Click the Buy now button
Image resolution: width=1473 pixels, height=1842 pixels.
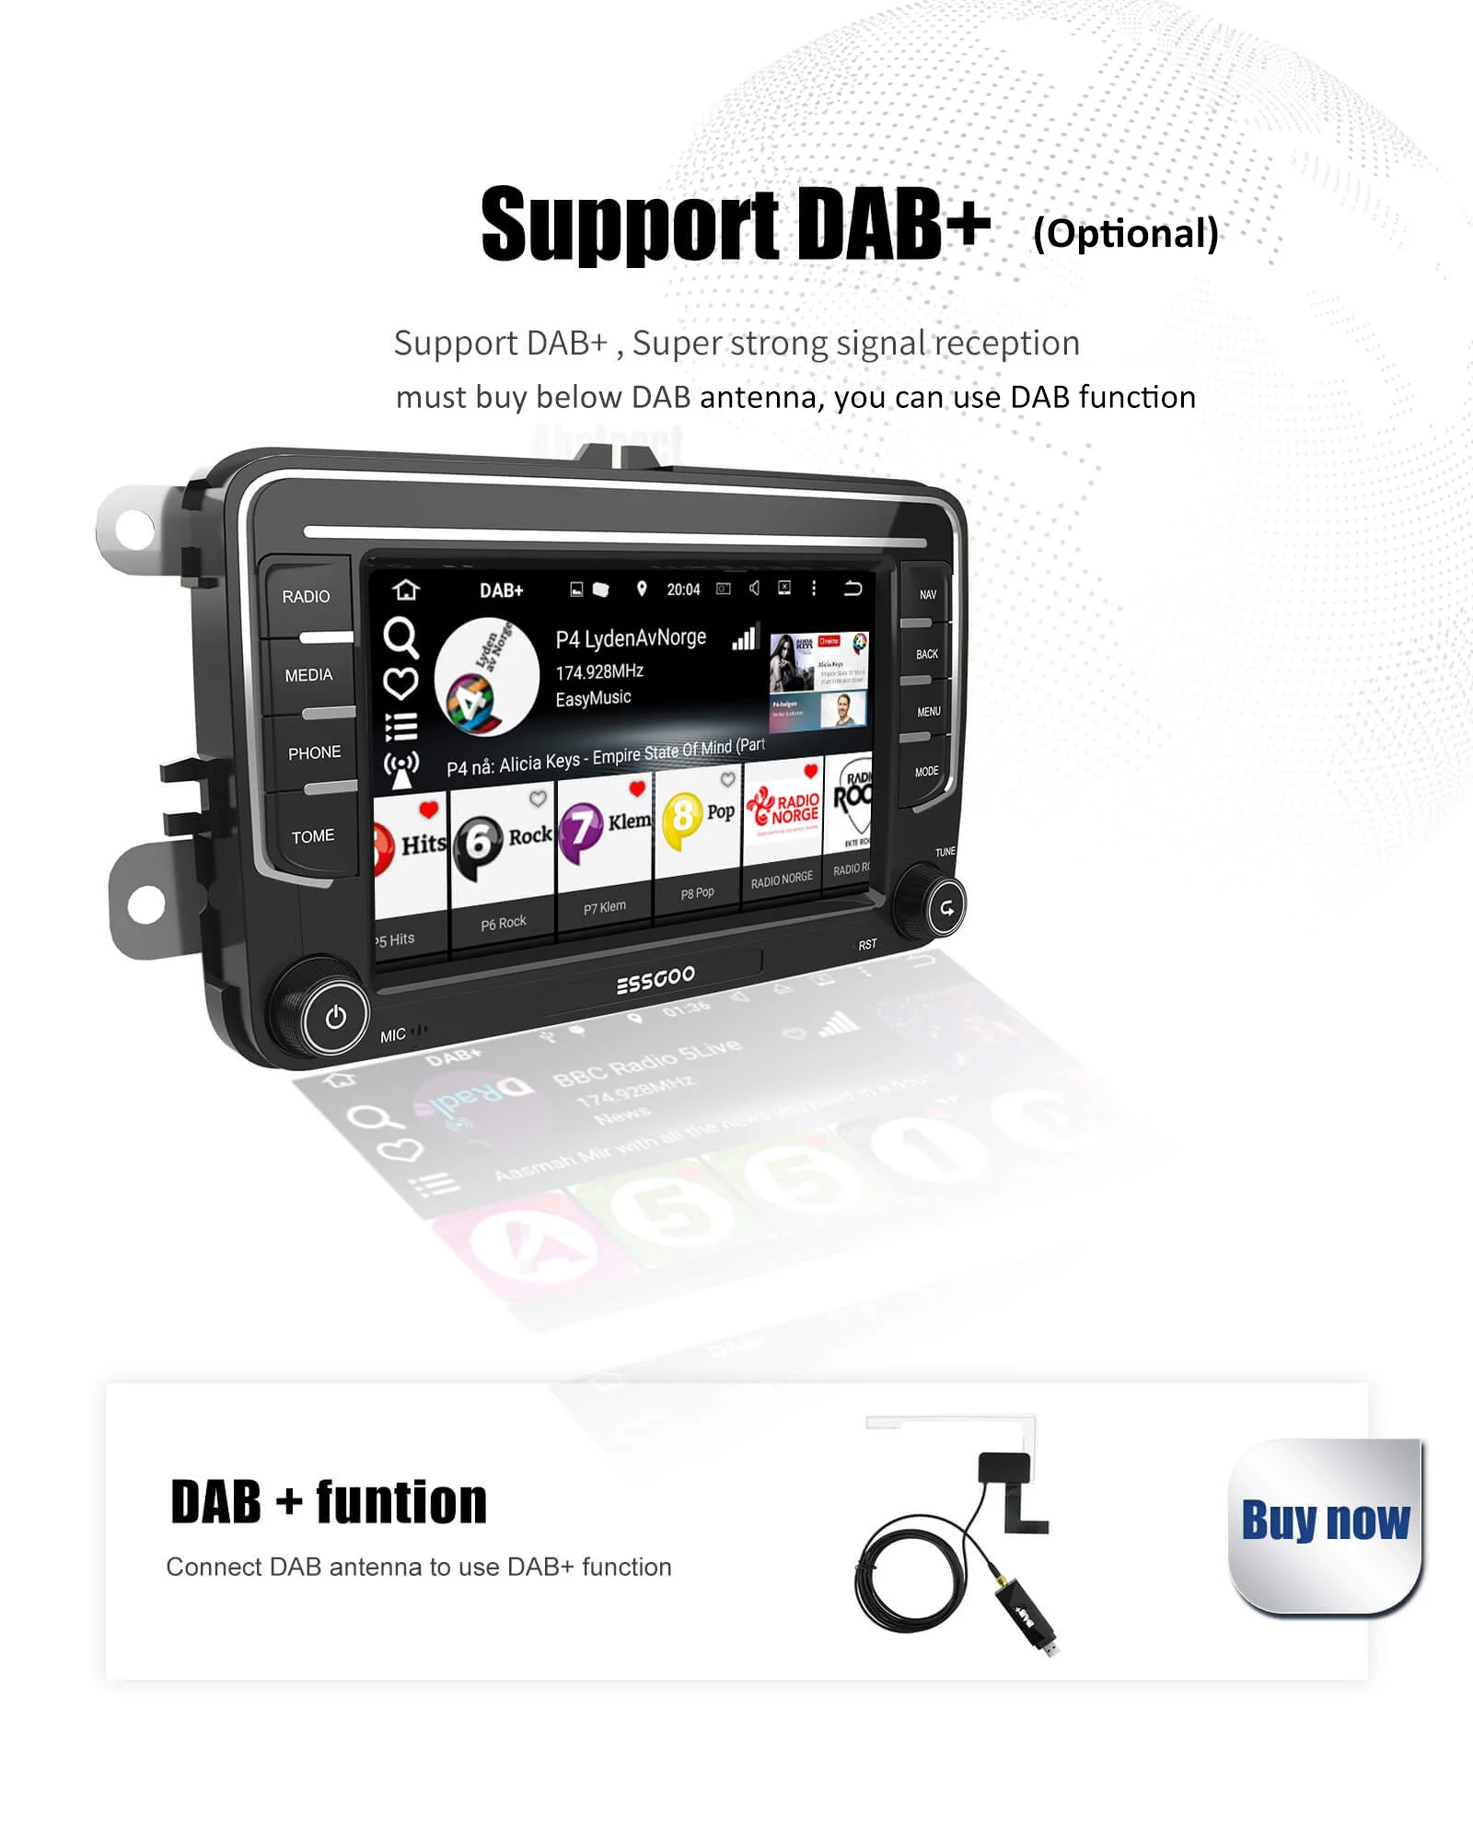pos(1325,1521)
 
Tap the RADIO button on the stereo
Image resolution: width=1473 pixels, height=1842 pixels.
pos(306,597)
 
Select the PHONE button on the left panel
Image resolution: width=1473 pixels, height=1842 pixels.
pos(314,753)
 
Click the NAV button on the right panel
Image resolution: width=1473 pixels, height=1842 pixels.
pos(927,595)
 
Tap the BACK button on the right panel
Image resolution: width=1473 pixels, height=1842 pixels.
pos(926,654)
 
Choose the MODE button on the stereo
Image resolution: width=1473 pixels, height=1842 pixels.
pos(926,772)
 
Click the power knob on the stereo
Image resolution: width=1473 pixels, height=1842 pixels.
pos(335,1017)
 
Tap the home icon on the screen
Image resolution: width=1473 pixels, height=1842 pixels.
pos(406,589)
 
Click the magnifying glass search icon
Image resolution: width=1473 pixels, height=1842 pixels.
pos(400,636)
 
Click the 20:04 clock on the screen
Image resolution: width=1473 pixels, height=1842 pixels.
pos(683,589)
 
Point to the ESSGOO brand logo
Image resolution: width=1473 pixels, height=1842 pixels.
pos(655,979)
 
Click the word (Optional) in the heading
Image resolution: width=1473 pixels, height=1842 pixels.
pos(1125,234)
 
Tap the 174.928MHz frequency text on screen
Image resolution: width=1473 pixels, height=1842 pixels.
pos(599,671)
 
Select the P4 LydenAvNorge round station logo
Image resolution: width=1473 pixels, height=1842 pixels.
pos(486,678)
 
